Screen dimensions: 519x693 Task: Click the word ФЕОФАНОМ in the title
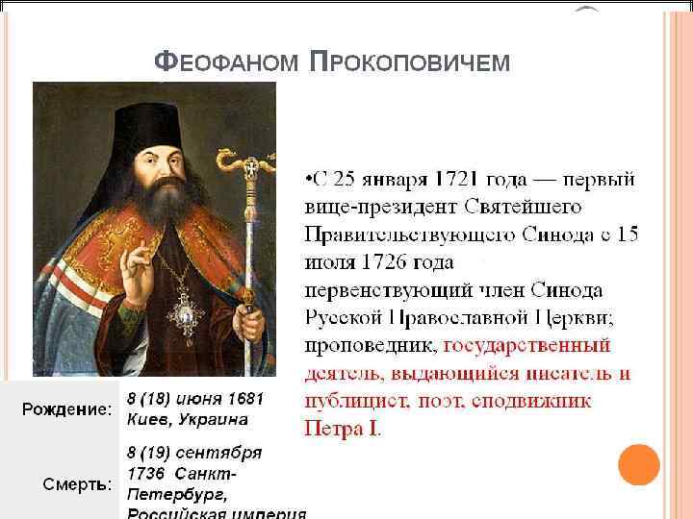pyautogui.click(x=228, y=63)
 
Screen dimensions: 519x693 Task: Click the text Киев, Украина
pyautogui.click(x=188, y=420)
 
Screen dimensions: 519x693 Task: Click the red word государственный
pyautogui.click(x=528, y=344)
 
